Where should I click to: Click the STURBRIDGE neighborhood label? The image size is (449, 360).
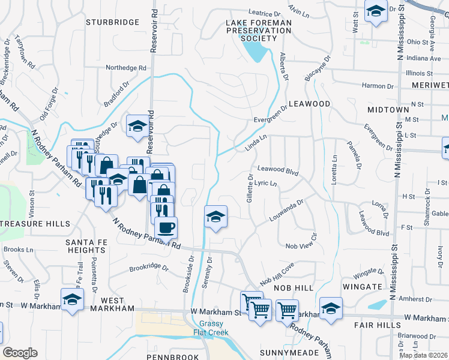112,22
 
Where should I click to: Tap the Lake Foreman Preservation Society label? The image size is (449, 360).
258,31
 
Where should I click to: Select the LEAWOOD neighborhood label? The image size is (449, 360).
310,104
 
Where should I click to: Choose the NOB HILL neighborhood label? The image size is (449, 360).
294,289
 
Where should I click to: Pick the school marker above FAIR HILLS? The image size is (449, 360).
330,308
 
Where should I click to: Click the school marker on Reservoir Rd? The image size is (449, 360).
137,126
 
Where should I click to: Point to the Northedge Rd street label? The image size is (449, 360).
126,68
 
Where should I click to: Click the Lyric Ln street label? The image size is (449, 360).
265,183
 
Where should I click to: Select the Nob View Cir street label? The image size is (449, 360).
301,246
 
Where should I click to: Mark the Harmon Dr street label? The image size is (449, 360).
378,86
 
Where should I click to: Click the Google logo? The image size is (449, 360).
20,353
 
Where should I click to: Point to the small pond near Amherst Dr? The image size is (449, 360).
377,305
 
